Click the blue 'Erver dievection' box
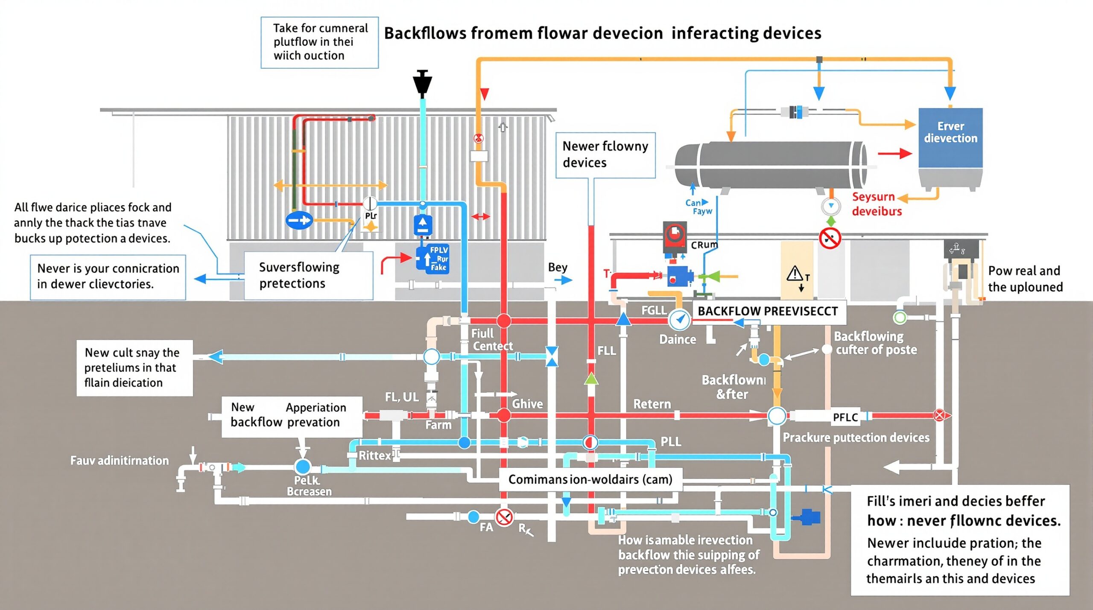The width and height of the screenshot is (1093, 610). pyautogui.click(x=950, y=137)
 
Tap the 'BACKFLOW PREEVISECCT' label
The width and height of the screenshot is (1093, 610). pyautogui.click(x=768, y=311)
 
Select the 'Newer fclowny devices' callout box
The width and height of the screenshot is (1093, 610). pyautogui.click(x=605, y=155)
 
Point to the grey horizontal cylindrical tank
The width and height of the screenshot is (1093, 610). pyautogui.click(x=771, y=165)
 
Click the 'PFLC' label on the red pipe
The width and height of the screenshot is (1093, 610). pyautogui.click(x=845, y=417)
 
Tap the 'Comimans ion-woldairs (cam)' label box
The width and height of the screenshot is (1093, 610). pyautogui.click(x=590, y=479)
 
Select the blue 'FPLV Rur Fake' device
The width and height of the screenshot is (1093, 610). pyautogui.click(x=433, y=258)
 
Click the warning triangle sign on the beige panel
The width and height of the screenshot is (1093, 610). pyautogui.click(x=795, y=274)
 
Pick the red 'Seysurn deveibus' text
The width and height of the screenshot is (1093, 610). pyautogui.click(x=877, y=204)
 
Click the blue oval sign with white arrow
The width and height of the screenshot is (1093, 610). pyautogui.click(x=299, y=221)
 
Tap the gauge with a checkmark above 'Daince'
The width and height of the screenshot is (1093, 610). pyautogui.click(x=679, y=319)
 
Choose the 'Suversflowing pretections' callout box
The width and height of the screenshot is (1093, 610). pyautogui.click(x=308, y=275)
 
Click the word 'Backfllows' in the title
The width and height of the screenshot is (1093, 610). pyautogui.click(x=425, y=33)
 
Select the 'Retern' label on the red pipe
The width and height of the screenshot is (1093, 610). pyautogui.click(x=652, y=404)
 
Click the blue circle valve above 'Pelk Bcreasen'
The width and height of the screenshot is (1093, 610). pyautogui.click(x=303, y=467)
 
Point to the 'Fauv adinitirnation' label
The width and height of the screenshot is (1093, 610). pyautogui.click(x=120, y=461)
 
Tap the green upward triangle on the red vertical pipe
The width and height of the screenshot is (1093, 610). pyautogui.click(x=591, y=378)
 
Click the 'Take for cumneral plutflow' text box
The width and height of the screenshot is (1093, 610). pyautogui.click(x=319, y=42)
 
